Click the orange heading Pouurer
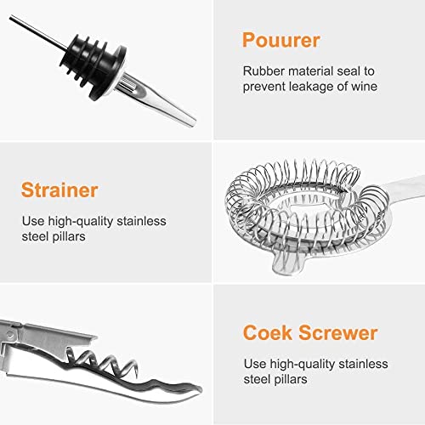[281, 40]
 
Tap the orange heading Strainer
[59, 190]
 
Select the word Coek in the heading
[267, 332]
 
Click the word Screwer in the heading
[338, 332]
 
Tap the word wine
[365, 87]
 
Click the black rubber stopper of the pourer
[92, 65]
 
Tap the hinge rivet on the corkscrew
[10, 335]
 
